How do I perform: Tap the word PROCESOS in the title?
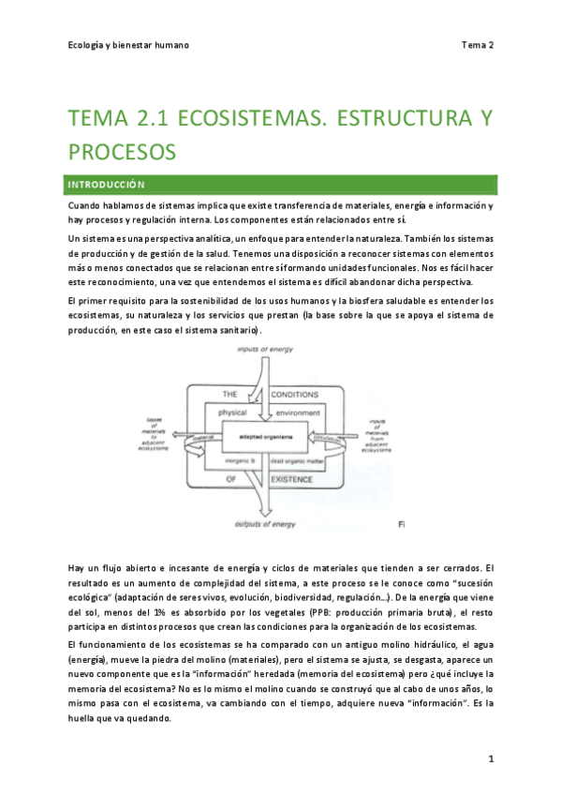tap(124, 150)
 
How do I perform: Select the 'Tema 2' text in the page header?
tap(478, 44)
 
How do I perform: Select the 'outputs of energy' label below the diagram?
tap(265, 524)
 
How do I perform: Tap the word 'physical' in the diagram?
tap(233, 412)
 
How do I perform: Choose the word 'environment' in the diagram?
tap(298, 412)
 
